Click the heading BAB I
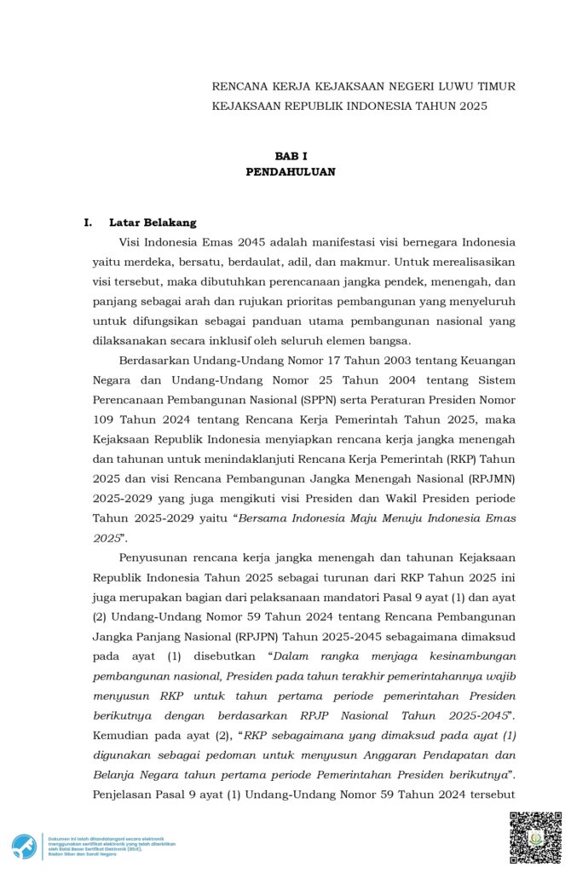[291, 156]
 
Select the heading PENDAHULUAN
[291, 171]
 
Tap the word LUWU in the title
[455, 86]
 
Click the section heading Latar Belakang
[153, 223]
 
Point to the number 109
[106, 419]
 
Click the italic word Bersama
[264, 517]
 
